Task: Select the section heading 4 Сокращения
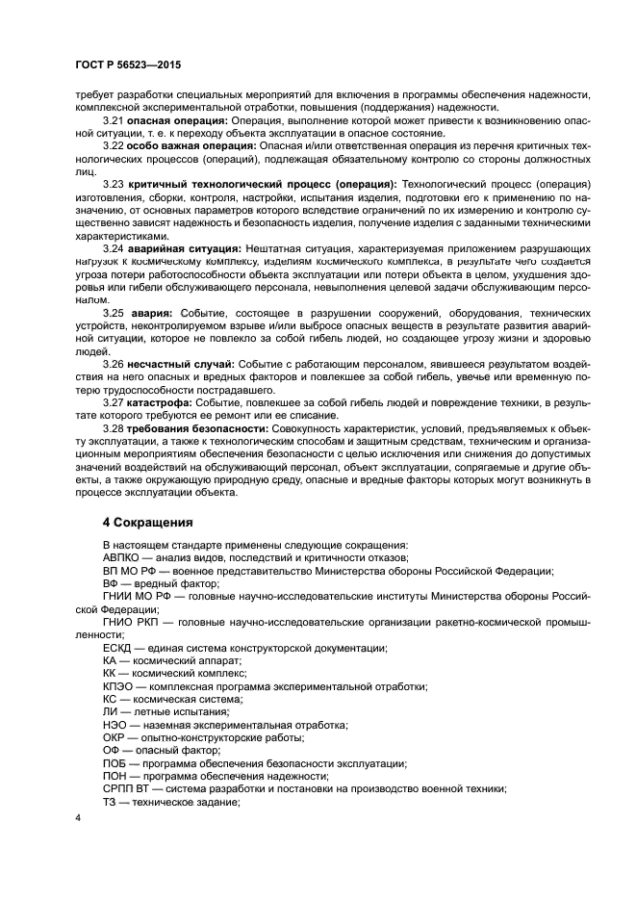click(x=148, y=523)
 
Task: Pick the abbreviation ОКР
click(x=115, y=737)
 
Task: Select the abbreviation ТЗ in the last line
click(x=110, y=802)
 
